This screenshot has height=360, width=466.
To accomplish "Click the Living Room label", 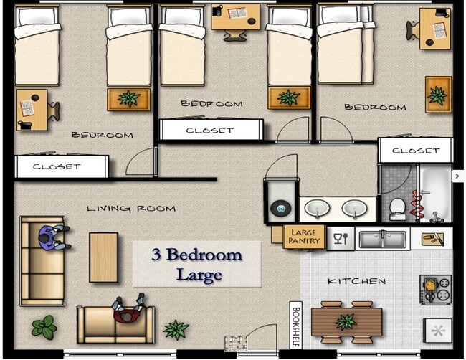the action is tap(131, 209).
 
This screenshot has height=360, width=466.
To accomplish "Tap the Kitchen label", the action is tap(356, 281).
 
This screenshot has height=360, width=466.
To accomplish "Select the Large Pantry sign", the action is tap(304, 237).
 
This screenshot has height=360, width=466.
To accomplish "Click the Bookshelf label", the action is tap(296, 325).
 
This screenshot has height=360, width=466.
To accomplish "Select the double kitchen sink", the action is tap(383, 239).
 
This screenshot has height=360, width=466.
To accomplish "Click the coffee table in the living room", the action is tap(104, 257).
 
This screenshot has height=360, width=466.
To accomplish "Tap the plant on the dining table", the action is tap(346, 322).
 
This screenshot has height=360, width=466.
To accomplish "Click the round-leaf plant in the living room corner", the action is tap(44, 327).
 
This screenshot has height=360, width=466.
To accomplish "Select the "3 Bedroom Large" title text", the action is tap(197, 265).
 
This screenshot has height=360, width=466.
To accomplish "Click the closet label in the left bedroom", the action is tap(57, 166).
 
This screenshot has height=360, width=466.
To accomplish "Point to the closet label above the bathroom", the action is tap(416, 151).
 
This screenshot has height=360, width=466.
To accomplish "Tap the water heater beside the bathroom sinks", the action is tap(281, 207).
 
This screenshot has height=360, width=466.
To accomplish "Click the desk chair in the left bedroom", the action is tap(54, 111).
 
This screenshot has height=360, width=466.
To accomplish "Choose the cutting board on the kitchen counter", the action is tap(432, 239).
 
